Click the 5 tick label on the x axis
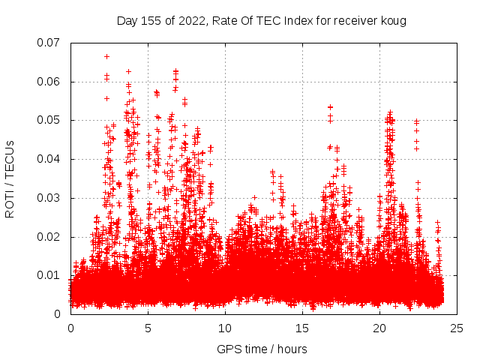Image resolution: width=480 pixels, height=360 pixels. pos(148,328)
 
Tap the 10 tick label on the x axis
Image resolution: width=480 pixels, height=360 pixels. pos(225,328)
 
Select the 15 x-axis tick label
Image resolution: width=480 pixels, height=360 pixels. pos(302,328)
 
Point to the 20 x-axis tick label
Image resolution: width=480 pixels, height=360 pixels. pos(379,328)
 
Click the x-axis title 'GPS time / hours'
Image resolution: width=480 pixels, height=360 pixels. pos(262,349)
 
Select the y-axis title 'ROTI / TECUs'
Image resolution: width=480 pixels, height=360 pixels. pos(10,178)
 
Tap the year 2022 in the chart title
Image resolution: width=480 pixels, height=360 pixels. pos(190,21)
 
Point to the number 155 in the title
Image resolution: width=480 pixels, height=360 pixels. pos(151,21)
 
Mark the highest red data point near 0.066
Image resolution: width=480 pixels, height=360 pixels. pos(106,56)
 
